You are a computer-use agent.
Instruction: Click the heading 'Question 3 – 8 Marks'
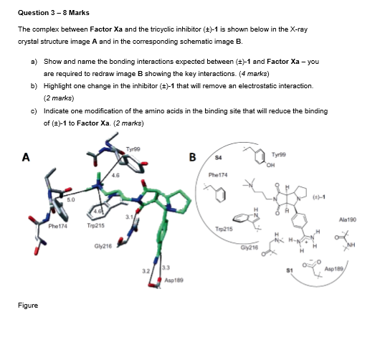tap(49, 12)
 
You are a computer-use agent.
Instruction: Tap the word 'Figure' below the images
tap(28, 305)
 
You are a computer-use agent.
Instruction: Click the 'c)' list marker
tap(34, 110)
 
